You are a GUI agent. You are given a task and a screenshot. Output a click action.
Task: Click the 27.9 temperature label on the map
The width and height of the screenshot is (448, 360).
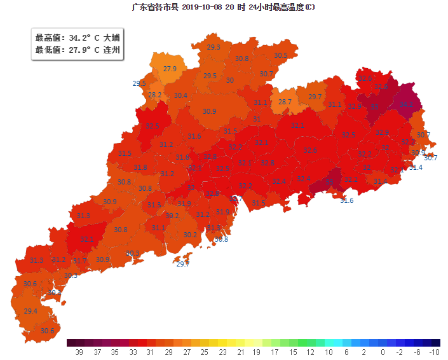click(170, 69)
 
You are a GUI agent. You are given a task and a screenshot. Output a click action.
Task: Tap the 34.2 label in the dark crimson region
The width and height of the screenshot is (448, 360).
click(407, 104)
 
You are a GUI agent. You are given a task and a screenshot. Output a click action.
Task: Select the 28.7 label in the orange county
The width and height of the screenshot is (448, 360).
click(285, 102)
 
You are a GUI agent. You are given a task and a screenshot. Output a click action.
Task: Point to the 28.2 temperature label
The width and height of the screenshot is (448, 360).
click(154, 95)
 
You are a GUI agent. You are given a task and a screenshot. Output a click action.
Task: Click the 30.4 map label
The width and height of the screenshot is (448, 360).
click(180, 95)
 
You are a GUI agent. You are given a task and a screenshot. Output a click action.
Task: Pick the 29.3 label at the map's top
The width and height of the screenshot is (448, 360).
click(214, 47)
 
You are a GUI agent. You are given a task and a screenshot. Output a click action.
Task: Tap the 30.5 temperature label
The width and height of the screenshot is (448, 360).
click(280, 55)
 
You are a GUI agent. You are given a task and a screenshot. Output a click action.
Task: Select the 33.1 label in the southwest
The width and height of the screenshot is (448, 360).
click(87, 239)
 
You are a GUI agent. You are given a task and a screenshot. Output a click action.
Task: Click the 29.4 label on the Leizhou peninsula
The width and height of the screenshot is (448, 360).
click(31, 311)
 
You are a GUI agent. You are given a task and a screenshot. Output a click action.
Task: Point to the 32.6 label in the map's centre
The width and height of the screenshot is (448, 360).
click(310, 150)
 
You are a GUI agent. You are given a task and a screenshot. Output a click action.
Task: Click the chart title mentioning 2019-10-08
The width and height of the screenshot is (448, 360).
click(222, 7)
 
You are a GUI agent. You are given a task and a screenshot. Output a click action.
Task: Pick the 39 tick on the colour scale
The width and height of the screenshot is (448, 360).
click(79, 352)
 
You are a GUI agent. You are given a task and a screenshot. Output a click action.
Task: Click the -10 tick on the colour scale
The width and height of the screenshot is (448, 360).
click(434, 352)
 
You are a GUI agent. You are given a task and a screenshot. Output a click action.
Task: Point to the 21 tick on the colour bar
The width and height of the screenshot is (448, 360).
click(240, 352)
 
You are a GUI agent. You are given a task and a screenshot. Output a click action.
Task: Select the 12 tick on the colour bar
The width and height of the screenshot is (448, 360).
click(309, 352)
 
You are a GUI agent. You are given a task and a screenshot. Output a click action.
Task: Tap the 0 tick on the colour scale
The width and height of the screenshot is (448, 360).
click(383, 352)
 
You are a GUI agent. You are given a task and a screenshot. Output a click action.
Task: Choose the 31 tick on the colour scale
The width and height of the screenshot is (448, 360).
click(151, 352)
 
